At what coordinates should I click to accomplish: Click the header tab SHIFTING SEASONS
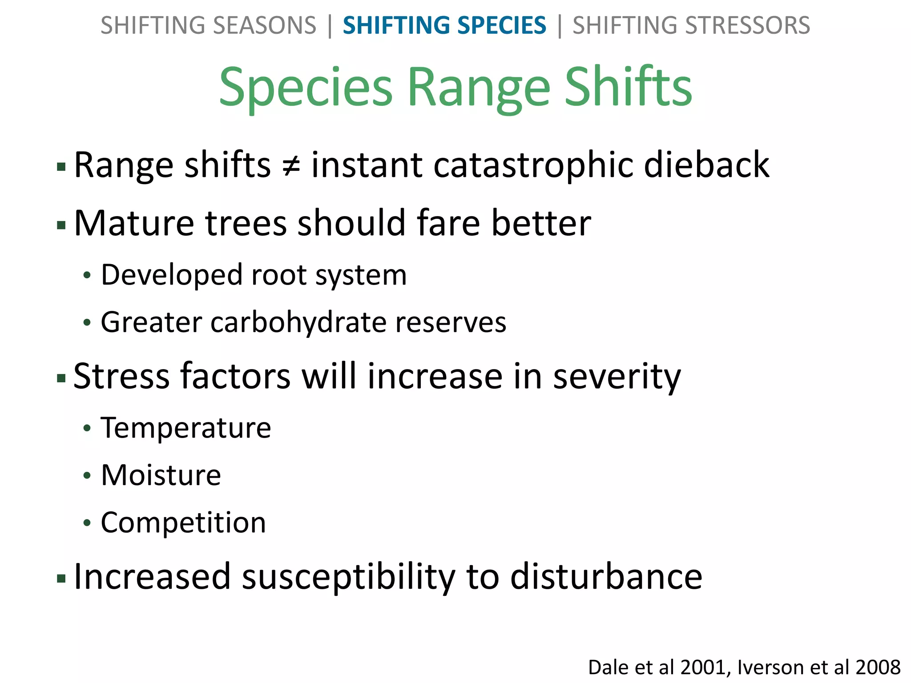click(208, 25)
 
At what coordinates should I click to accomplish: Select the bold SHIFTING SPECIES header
click(444, 25)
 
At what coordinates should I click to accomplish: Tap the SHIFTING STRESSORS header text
click(691, 25)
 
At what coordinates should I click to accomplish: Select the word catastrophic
click(532, 165)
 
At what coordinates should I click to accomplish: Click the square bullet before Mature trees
click(61, 225)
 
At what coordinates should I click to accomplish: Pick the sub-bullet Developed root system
click(254, 275)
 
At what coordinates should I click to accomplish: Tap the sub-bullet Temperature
click(186, 428)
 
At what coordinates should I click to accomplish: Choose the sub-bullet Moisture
click(161, 475)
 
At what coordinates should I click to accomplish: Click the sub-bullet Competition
click(183, 522)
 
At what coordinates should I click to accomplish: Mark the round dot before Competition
click(87, 523)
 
